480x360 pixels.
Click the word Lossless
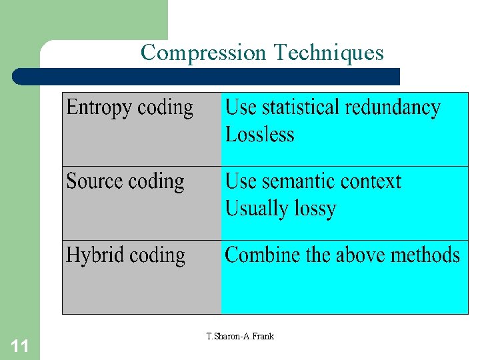pos(259,135)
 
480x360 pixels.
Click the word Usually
pos(254,209)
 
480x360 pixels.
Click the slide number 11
pos(20,345)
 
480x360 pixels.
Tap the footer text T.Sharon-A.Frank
pos(240,337)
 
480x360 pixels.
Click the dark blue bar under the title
pos(207,76)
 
